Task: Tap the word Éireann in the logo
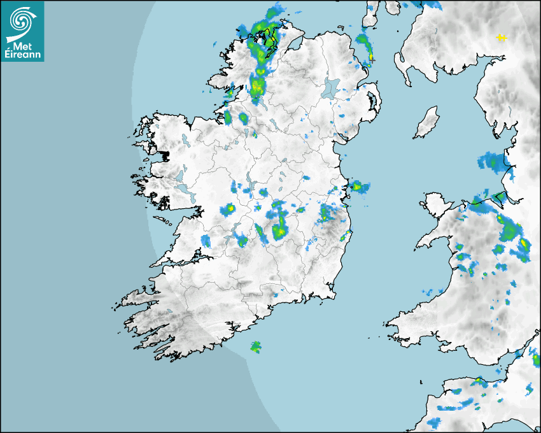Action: (22, 55)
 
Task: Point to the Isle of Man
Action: (426, 123)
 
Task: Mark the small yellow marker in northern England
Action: (502, 39)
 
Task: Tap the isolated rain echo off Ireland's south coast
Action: (255, 347)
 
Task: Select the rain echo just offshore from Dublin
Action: (358, 186)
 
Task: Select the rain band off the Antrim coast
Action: (364, 47)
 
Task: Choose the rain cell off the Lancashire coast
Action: (492, 162)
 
